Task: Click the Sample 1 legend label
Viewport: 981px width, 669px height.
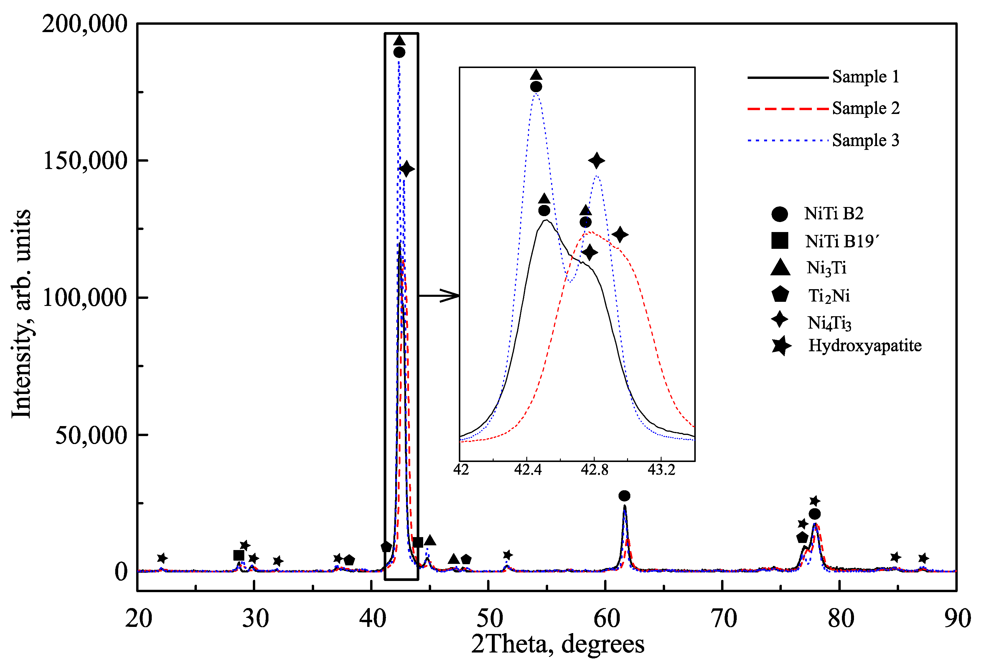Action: pyautogui.click(x=865, y=77)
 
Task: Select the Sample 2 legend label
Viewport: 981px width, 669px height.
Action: pyautogui.click(x=865, y=109)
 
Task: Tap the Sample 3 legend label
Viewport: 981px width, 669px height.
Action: pyautogui.click(x=865, y=140)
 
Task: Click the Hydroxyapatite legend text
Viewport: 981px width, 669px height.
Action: pyautogui.click(x=865, y=346)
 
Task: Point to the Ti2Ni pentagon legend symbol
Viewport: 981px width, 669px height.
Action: pyautogui.click(x=780, y=294)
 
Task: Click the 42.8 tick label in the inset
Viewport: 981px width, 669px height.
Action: pyautogui.click(x=594, y=469)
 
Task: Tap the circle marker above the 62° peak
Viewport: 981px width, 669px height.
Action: pyautogui.click(x=624, y=496)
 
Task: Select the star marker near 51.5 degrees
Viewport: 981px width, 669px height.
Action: pyautogui.click(x=508, y=555)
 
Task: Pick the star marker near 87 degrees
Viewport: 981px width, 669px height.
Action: pyautogui.click(x=923, y=558)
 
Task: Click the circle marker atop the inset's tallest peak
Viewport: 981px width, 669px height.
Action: pyautogui.click(x=536, y=87)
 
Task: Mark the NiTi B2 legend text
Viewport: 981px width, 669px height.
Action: pyautogui.click(x=833, y=214)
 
